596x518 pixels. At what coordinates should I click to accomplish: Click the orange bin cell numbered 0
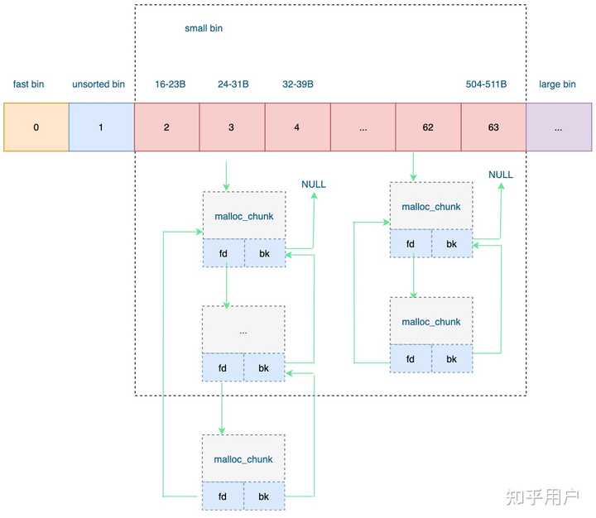pyautogui.click(x=36, y=127)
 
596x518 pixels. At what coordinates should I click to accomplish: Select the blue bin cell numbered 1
pyautogui.click(x=101, y=127)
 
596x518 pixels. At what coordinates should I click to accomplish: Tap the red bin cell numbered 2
pyautogui.click(x=166, y=127)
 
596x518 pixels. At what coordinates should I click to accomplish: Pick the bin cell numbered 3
pyautogui.click(x=232, y=127)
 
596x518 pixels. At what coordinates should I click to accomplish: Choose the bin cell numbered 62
pyautogui.click(x=428, y=127)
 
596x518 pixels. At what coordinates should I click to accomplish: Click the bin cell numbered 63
pyautogui.click(x=493, y=127)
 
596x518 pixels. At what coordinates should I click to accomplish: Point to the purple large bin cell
pyautogui.click(x=559, y=127)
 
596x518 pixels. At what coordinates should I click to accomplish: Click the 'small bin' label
pyautogui.click(x=203, y=28)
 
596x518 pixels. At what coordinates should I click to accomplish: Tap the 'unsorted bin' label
pyautogui.click(x=99, y=84)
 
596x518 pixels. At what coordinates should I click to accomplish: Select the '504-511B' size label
pyautogui.click(x=486, y=84)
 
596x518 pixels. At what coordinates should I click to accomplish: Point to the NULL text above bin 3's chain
pyautogui.click(x=314, y=184)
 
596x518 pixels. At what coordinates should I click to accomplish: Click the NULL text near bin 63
pyautogui.click(x=501, y=175)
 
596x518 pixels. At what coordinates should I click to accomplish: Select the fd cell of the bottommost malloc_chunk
pyautogui.click(x=223, y=496)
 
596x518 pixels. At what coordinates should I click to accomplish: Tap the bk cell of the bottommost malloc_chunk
pyautogui.click(x=264, y=496)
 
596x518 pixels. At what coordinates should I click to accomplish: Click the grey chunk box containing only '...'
pyautogui.click(x=243, y=330)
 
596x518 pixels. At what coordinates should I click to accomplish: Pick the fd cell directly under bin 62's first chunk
pyautogui.click(x=411, y=244)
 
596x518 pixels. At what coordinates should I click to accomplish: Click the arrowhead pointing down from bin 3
pyautogui.click(x=226, y=188)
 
